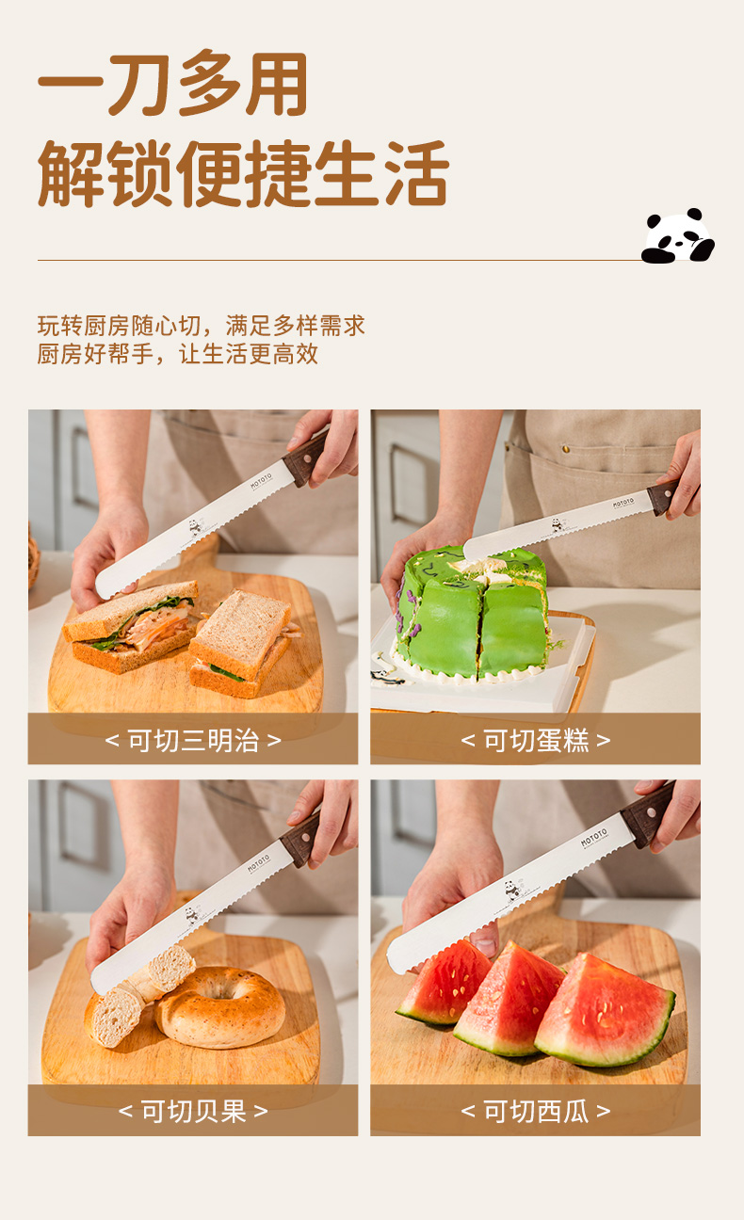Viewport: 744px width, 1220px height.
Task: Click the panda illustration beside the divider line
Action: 677,236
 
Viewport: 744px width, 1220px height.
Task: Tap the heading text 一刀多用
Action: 172,85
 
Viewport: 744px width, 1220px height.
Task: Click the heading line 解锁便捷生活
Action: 243,173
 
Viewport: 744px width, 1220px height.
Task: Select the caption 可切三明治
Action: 193,741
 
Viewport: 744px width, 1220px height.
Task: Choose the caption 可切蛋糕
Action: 535,741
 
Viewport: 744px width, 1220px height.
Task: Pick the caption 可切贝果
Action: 193,1112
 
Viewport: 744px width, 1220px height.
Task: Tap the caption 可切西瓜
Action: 535,1112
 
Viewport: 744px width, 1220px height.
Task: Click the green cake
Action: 473,616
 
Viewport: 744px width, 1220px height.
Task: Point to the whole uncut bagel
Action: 219,1007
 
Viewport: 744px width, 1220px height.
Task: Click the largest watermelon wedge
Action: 605,1010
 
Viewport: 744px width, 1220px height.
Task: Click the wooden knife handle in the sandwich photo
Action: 306,457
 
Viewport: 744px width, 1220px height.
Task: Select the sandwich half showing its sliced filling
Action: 131,626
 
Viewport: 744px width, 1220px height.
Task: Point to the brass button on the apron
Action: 565,449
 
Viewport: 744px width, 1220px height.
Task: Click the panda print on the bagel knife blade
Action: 192,914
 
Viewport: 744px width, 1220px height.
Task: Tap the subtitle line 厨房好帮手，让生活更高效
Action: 178,354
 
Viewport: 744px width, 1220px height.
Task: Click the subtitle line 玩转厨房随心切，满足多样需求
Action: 202,326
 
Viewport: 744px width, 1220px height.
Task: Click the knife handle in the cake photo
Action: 664,497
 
